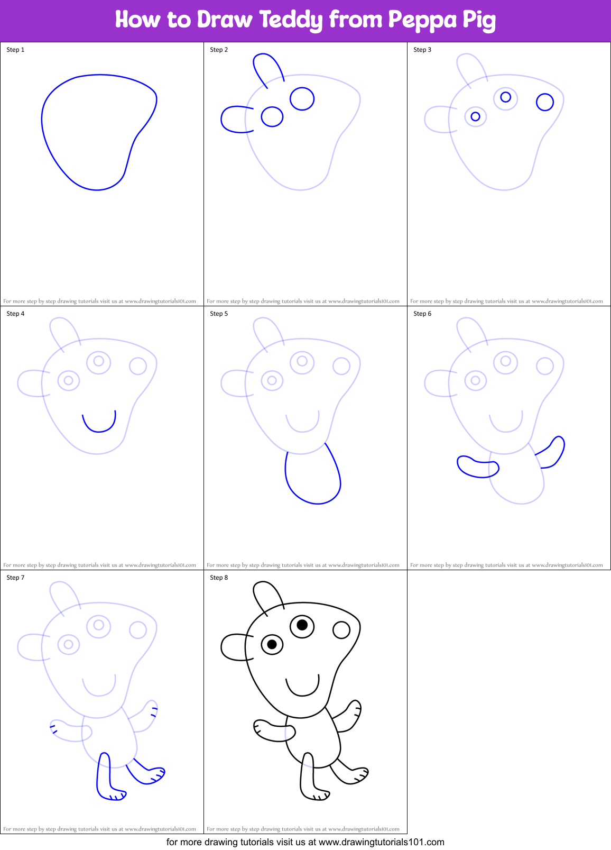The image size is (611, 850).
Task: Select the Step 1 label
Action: click(x=15, y=50)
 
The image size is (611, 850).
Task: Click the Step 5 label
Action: click(x=219, y=314)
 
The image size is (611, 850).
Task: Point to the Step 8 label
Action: click(x=219, y=578)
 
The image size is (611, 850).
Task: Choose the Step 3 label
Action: click(x=422, y=50)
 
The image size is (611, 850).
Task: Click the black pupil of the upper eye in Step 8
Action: click(x=302, y=625)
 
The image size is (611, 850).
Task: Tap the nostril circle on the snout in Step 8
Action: click(x=341, y=629)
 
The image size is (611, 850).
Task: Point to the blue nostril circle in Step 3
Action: click(x=545, y=102)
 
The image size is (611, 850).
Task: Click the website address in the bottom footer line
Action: click(x=381, y=842)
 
